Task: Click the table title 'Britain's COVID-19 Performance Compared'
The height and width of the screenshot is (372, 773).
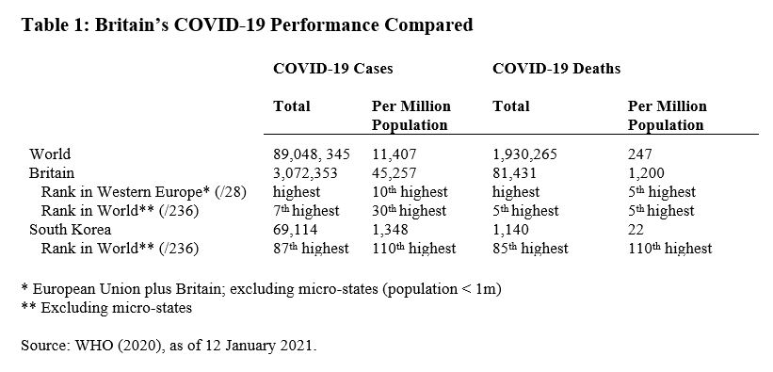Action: pos(247,25)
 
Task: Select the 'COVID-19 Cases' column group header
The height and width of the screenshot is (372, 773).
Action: pos(332,69)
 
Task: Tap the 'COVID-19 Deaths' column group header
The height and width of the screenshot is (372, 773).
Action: pos(556,69)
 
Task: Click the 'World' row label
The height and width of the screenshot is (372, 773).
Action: pos(50,154)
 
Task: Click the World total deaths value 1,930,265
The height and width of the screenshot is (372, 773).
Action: pos(529,154)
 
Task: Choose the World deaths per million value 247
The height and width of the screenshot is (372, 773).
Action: pos(639,154)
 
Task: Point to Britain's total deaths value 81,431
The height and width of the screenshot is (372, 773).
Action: pos(514,172)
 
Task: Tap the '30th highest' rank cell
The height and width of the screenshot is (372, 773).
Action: pos(413,210)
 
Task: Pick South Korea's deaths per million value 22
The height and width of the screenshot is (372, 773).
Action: pos(636,229)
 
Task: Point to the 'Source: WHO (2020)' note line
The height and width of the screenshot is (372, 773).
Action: pos(169,346)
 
